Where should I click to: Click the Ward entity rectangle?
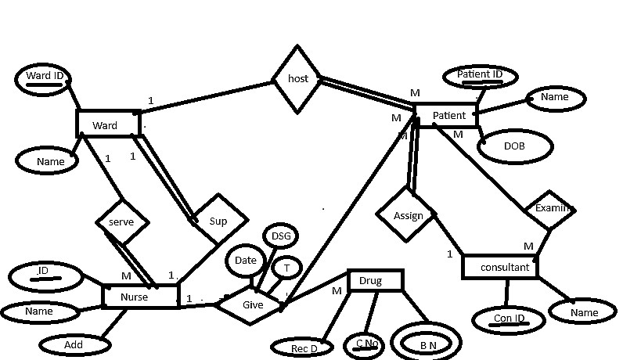click(x=108, y=124)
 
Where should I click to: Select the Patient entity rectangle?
click(x=445, y=115)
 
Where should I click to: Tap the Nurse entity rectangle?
click(x=141, y=297)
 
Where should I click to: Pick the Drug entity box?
click(x=375, y=280)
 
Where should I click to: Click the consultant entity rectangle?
click(x=500, y=267)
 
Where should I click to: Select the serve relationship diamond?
click(x=121, y=221)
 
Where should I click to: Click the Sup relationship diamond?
click(x=218, y=221)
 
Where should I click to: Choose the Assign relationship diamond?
click(x=407, y=215)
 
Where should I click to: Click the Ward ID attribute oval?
click(x=45, y=77)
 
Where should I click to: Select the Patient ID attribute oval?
click(x=480, y=76)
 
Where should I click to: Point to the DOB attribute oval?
click(x=514, y=146)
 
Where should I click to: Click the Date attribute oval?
click(x=246, y=261)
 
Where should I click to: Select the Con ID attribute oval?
click(x=508, y=319)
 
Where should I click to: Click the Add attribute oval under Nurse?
click(x=74, y=344)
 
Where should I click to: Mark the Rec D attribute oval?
click(x=304, y=347)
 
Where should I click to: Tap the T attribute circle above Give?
click(x=287, y=268)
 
